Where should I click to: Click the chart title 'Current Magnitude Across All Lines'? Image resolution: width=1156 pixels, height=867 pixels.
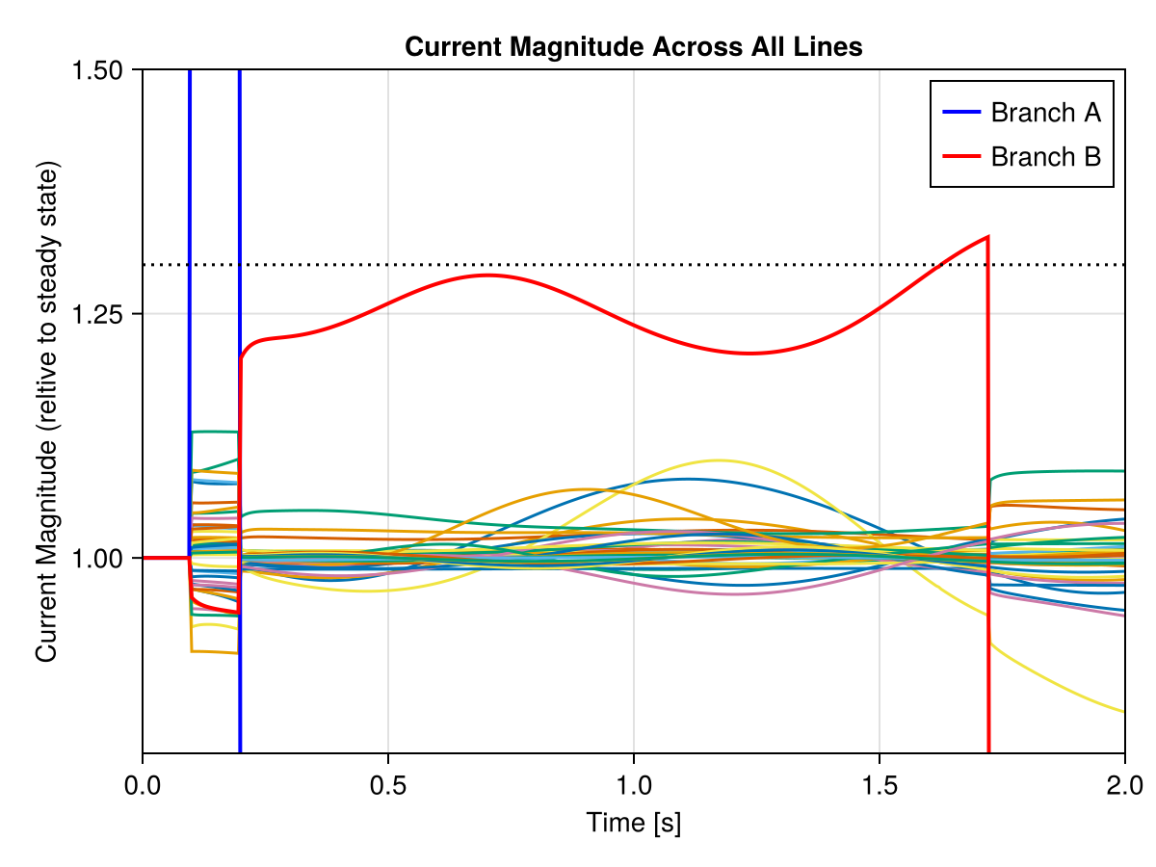point(633,46)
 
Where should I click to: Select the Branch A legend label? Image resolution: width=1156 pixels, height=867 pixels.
point(1045,113)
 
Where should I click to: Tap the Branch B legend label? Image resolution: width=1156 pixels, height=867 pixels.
point(1045,156)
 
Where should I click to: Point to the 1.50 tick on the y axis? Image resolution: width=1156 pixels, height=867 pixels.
point(107,69)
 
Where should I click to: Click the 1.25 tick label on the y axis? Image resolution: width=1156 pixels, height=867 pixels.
point(107,314)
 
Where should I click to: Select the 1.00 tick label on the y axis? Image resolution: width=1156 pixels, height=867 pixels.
point(107,558)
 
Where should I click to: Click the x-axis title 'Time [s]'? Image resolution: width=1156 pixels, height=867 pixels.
point(633,823)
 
